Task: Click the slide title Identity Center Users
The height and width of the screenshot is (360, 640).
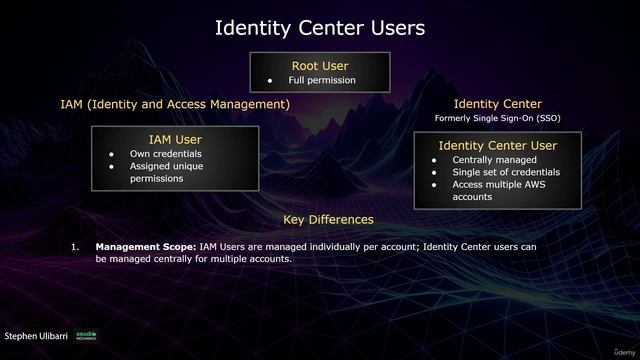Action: pyautogui.click(x=320, y=28)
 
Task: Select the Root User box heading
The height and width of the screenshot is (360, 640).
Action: pyautogui.click(x=319, y=66)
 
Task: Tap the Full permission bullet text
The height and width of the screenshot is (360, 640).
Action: pyautogui.click(x=323, y=81)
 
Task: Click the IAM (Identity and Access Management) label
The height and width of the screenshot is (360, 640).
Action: pyautogui.click(x=175, y=104)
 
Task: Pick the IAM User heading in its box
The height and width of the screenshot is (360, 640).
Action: pyautogui.click(x=175, y=139)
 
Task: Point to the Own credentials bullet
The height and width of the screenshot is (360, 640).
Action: pyautogui.click(x=165, y=154)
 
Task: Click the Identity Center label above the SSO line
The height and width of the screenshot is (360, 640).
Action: pyautogui.click(x=497, y=104)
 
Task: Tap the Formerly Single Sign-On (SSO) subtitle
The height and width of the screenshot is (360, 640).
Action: pyautogui.click(x=497, y=119)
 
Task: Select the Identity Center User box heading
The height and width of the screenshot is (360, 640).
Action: pyautogui.click(x=497, y=146)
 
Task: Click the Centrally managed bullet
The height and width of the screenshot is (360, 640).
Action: pyautogui.click(x=494, y=160)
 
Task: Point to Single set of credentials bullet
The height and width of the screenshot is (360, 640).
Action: pyautogui.click(x=506, y=172)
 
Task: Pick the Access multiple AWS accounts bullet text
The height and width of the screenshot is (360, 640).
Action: pyautogui.click(x=499, y=191)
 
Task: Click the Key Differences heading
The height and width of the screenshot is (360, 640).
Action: pyautogui.click(x=328, y=219)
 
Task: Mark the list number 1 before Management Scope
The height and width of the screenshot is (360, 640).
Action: pyautogui.click(x=74, y=246)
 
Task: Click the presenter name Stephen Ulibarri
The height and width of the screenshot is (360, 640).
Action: pyautogui.click(x=38, y=338)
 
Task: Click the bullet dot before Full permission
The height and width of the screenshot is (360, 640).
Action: pyautogui.click(x=270, y=81)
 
